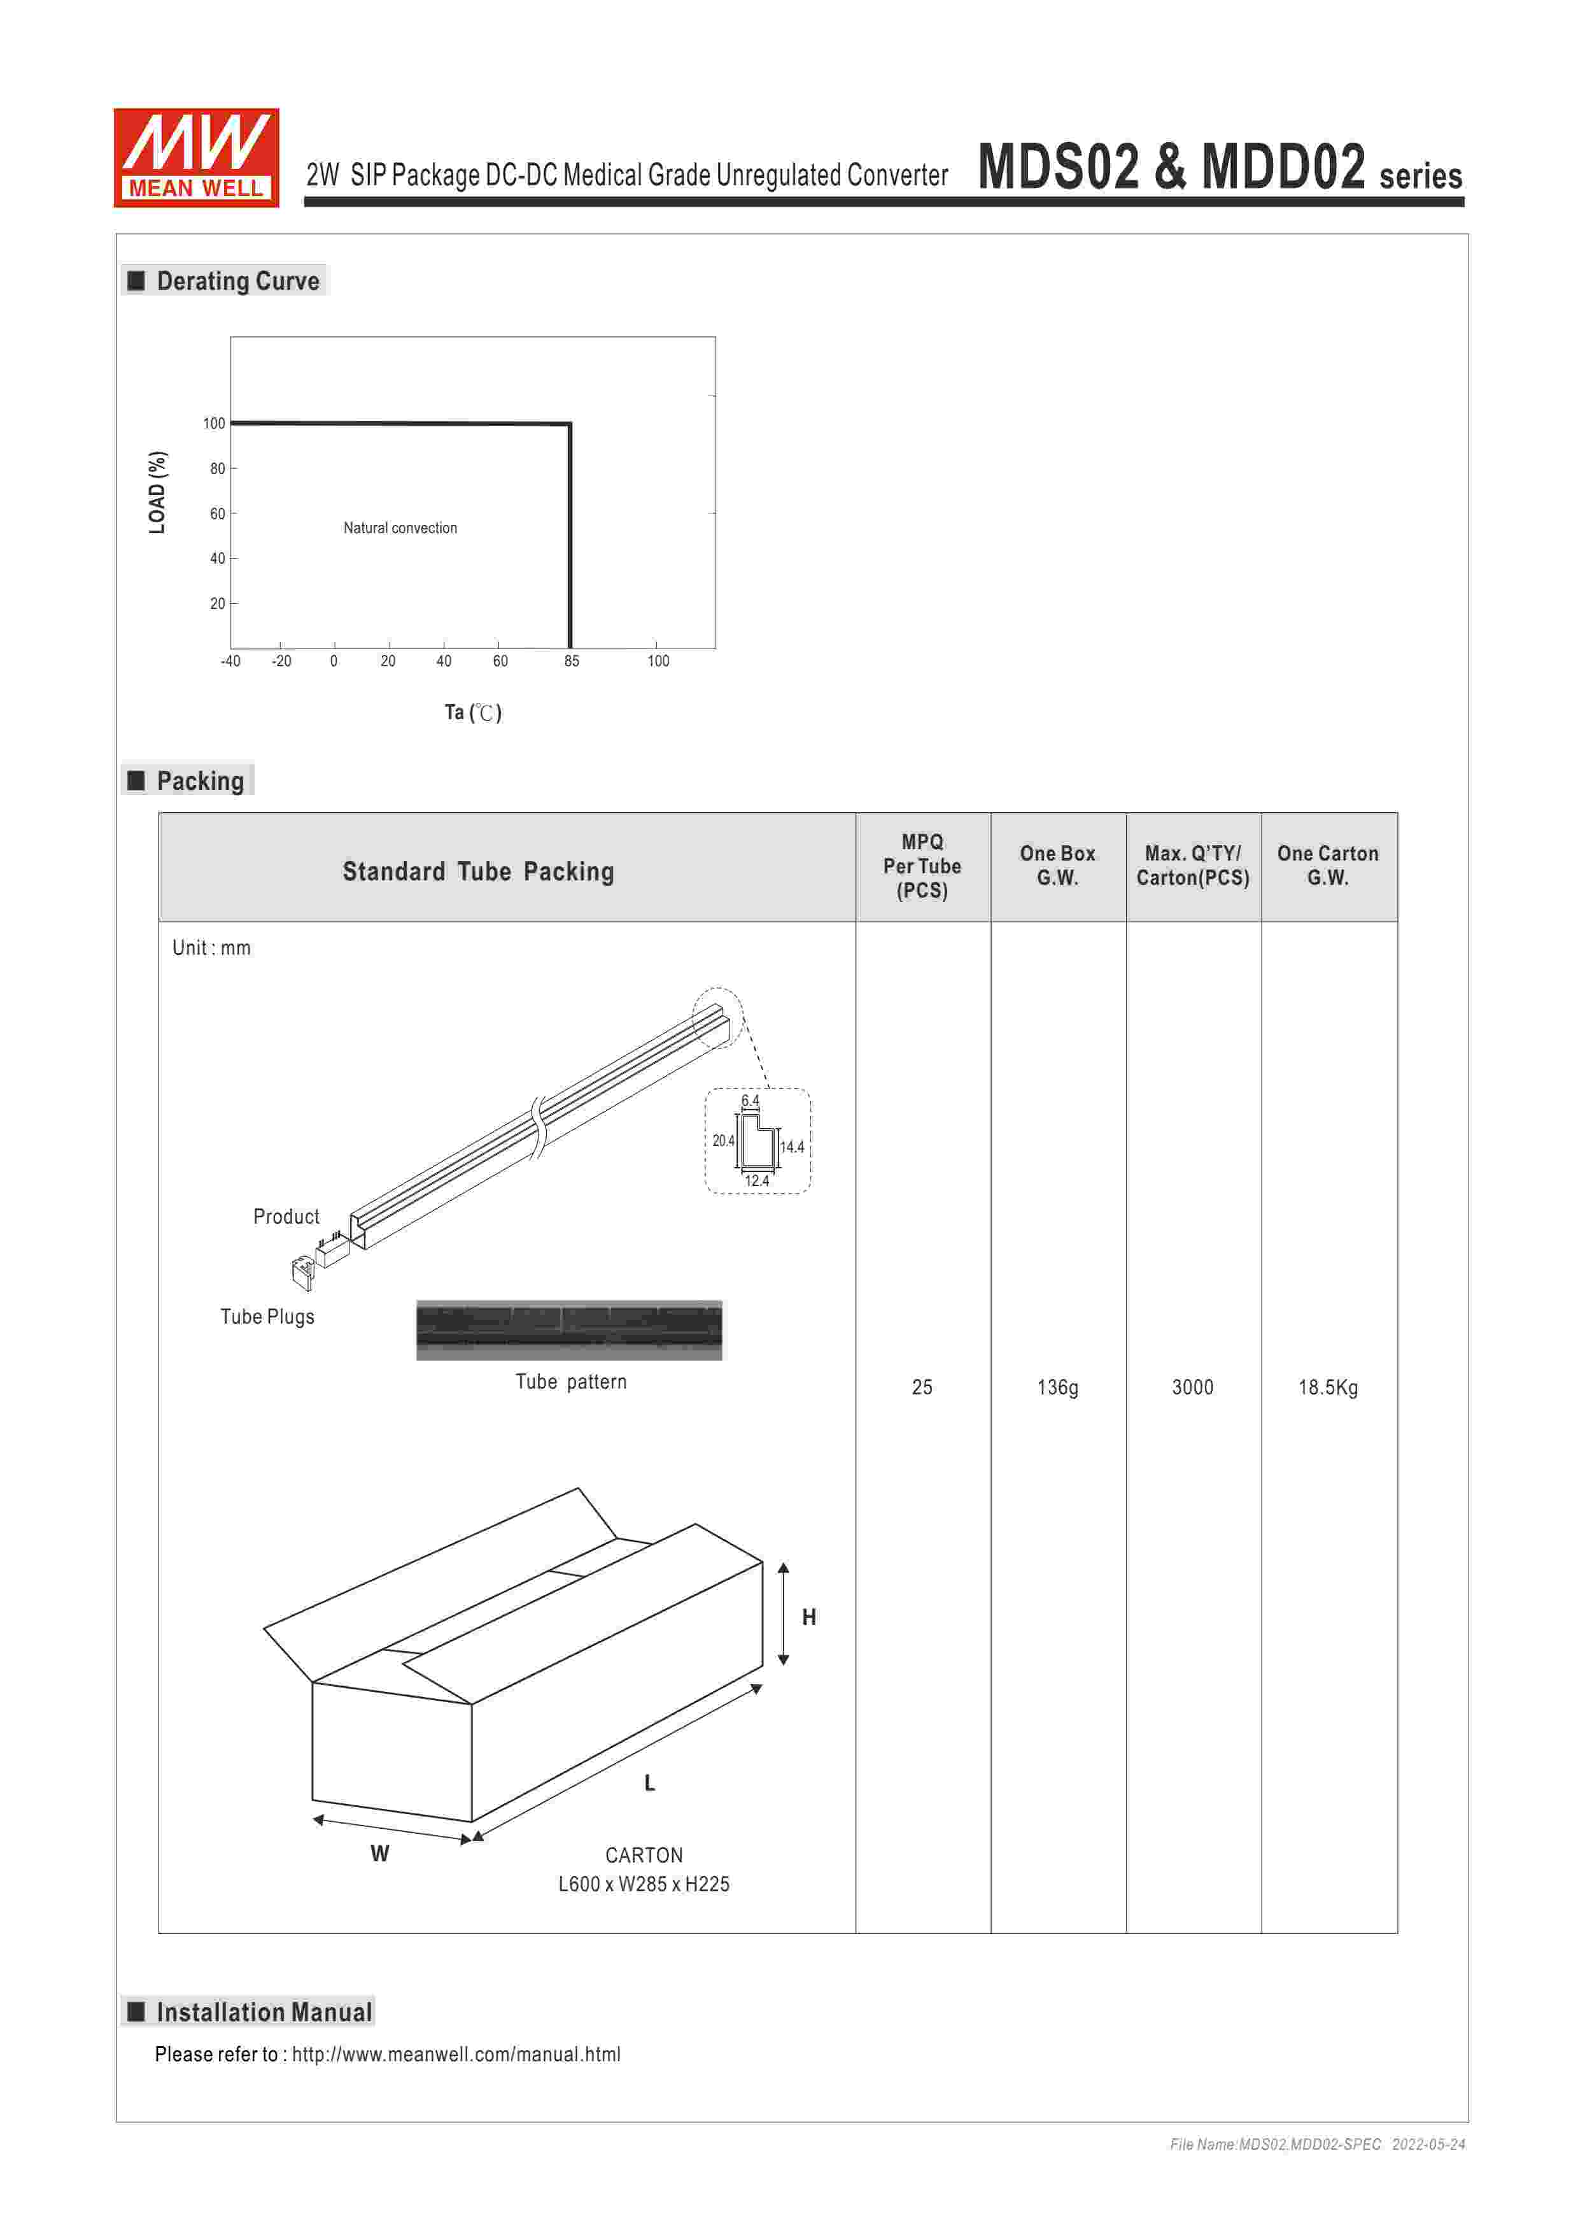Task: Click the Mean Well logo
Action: click(196, 157)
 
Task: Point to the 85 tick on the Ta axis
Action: click(572, 661)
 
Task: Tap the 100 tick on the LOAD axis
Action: click(214, 423)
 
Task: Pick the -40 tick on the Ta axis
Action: click(230, 661)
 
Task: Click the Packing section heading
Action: click(200, 780)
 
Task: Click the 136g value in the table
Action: click(1057, 1387)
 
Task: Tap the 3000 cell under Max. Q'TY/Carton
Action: click(1192, 1387)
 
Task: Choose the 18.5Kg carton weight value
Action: click(1327, 1387)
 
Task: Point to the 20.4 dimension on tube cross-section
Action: click(723, 1140)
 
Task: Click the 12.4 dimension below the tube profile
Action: click(757, 1181)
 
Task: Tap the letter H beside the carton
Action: click(808, 1617)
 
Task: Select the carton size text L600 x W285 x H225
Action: click(644, 1884)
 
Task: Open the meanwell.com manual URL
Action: click(456, 2054)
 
